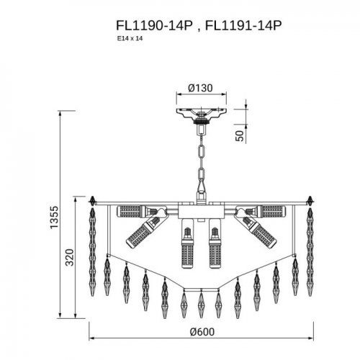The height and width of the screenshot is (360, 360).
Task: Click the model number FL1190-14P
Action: (x=153, y=26)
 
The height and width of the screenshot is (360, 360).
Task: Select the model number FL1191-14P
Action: (x=243, y=26)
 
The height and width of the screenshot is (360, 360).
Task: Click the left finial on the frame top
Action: (x=94, y=198)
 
